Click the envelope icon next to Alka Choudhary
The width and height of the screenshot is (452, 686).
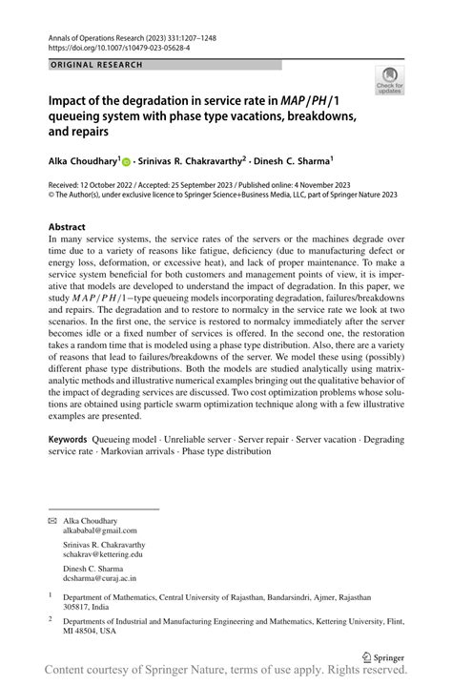tap(52, 521)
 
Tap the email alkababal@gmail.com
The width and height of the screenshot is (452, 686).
tap(100, 530)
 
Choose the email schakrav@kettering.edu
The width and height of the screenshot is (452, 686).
tap(103, 553)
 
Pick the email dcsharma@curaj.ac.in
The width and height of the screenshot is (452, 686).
tap(99, 577)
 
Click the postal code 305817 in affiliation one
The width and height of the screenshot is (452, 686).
tap(78, 606)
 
